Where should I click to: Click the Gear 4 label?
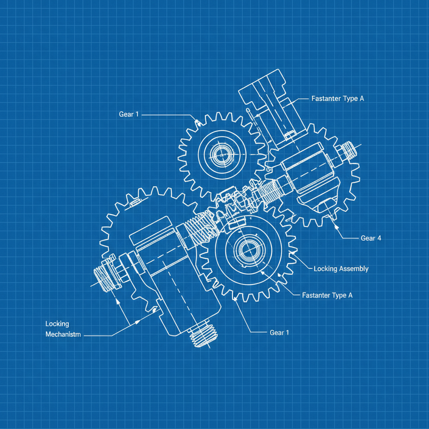[371, 238]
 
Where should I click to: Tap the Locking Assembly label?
[341, 269]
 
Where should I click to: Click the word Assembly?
[354, 269]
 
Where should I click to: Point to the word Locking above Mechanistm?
[57, 324]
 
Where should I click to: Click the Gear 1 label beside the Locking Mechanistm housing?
[279, 333]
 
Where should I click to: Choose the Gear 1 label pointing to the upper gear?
[129, 114]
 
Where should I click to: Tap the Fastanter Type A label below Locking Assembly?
[327, 295]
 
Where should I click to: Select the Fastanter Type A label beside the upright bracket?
[338, 99]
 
